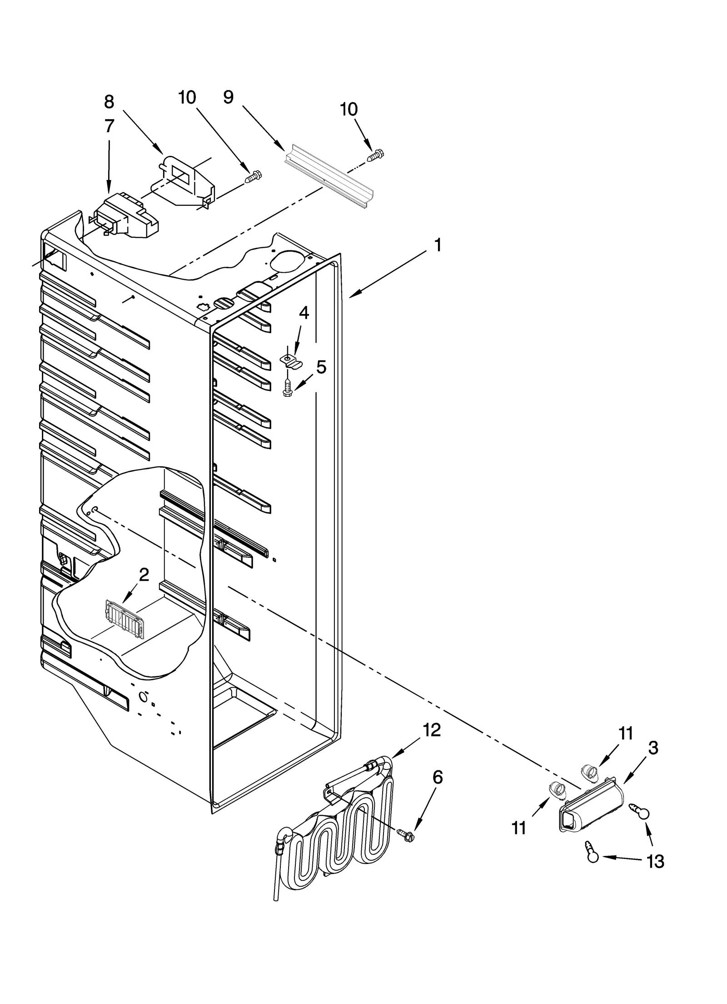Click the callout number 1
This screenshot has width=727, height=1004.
click(437, 246)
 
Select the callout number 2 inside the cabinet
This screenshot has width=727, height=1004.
click(144, 574)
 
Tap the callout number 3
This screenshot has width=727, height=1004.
click(653, 748)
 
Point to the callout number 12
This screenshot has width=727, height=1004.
click(432, 730)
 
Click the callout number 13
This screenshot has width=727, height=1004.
click(655, 861)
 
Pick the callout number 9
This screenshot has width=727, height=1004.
click(228, 97)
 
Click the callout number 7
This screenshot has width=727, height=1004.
click(109, 126)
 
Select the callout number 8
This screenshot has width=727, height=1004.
click(109, 102)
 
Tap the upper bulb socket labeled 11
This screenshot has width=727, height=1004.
click(589, 770)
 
